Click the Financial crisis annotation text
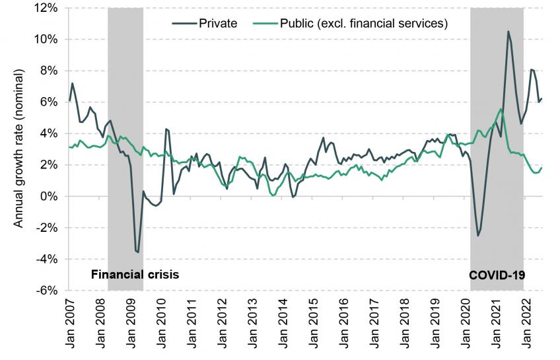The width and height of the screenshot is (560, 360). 135,273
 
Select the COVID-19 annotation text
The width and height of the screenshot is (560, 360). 497,273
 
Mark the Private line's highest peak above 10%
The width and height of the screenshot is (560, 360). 508,31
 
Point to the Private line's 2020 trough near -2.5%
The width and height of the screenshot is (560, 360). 478,236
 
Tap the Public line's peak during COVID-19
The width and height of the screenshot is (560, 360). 501,109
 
